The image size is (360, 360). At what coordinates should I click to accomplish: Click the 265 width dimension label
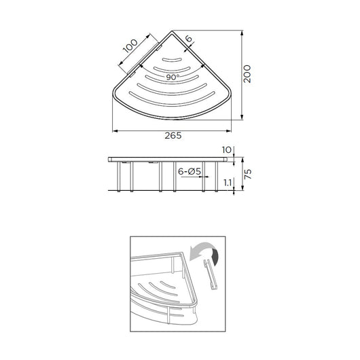pos(173,135)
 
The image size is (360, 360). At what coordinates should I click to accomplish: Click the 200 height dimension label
pos(247,74)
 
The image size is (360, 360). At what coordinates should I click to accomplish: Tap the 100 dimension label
pos(130,46)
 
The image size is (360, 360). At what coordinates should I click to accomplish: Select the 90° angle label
pos(173,77)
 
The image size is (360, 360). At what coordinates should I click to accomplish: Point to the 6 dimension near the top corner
pos(189,38)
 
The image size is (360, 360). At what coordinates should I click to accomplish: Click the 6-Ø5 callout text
pos(190,171)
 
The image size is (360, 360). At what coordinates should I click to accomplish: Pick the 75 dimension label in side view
pos(248,174)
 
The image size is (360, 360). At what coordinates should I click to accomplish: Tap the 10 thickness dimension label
pos(227,150)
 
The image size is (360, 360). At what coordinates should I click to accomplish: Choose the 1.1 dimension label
pos(228,183)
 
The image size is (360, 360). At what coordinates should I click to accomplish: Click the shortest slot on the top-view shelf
pos(172,60)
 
